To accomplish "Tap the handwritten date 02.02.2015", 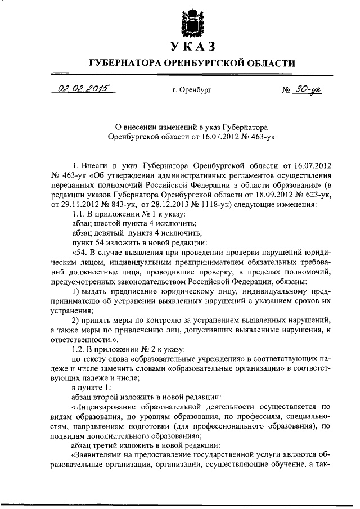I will [82, 88].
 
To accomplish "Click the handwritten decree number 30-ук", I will [307, 88].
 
